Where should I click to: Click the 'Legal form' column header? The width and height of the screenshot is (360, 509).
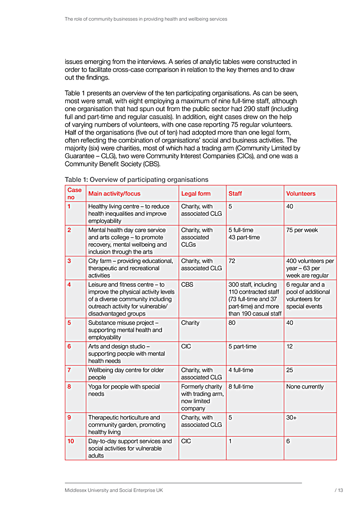coord(196,194)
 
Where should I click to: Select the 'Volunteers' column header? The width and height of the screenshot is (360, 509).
coord(301,194)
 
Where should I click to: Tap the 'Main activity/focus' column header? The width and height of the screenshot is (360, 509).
coord(114,194)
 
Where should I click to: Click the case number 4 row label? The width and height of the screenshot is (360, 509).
coord(69,285)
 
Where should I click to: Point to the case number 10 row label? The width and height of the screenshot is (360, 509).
coord(71,441)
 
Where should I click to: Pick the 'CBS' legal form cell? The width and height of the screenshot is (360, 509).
coord(187,285)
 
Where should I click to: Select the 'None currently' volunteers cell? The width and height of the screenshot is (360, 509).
coord(305,387)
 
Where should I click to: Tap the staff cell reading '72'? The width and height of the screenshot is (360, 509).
coord(232,261)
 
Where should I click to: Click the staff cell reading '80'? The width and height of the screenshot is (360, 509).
coord(232,323)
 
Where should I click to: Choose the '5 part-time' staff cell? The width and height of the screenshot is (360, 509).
coord(243,346)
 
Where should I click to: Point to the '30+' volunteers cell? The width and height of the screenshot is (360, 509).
coord(292,417)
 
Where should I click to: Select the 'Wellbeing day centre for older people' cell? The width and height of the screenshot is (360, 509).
coord(126,374)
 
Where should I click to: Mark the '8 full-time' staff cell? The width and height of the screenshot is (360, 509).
coord(241,387)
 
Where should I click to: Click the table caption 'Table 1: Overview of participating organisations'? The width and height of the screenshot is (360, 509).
coord(136,180)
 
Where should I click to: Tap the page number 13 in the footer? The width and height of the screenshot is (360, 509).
coord(340,491)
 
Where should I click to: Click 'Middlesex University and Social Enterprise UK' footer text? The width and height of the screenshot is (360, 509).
coord(113,491)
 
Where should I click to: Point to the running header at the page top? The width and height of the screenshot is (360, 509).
coord(146,19)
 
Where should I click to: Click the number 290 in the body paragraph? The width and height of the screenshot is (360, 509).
coord(236,109)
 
